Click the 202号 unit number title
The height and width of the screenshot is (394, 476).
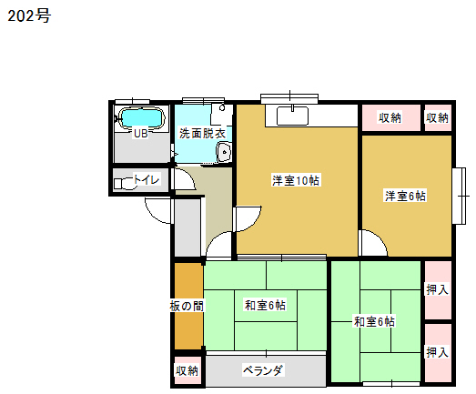(x=29, y=15)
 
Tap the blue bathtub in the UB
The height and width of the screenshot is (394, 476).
(x=142, y=118)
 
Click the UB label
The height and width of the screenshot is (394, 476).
(x=141, y=133)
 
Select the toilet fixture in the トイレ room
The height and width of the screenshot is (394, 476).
(x=124, y=184)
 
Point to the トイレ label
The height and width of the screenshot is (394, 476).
(x=146, y=179)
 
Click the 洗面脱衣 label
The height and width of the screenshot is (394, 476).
(x=202, y=133)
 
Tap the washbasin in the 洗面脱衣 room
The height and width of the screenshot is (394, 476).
(x=224, y=152)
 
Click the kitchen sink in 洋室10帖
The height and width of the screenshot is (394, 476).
(x=293, y=116)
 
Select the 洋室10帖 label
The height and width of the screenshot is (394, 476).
(x=296, y=180)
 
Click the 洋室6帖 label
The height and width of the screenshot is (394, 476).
(x=405, y=196)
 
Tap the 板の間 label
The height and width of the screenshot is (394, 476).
(x=187, y=306)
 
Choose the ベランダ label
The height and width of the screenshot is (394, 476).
(x=263, y=370)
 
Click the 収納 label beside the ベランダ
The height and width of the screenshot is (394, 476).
(x=187, y=370)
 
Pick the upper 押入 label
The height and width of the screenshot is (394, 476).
(x=438, y=289)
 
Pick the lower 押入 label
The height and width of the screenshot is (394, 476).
(x=438, y=352)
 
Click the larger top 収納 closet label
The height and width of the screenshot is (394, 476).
(x=390, y=117)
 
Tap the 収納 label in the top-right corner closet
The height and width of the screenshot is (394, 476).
(x=437, y=117)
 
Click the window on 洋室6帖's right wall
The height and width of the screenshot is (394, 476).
(x=460, y=196)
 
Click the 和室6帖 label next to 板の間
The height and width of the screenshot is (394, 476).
(x=266, y=305)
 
